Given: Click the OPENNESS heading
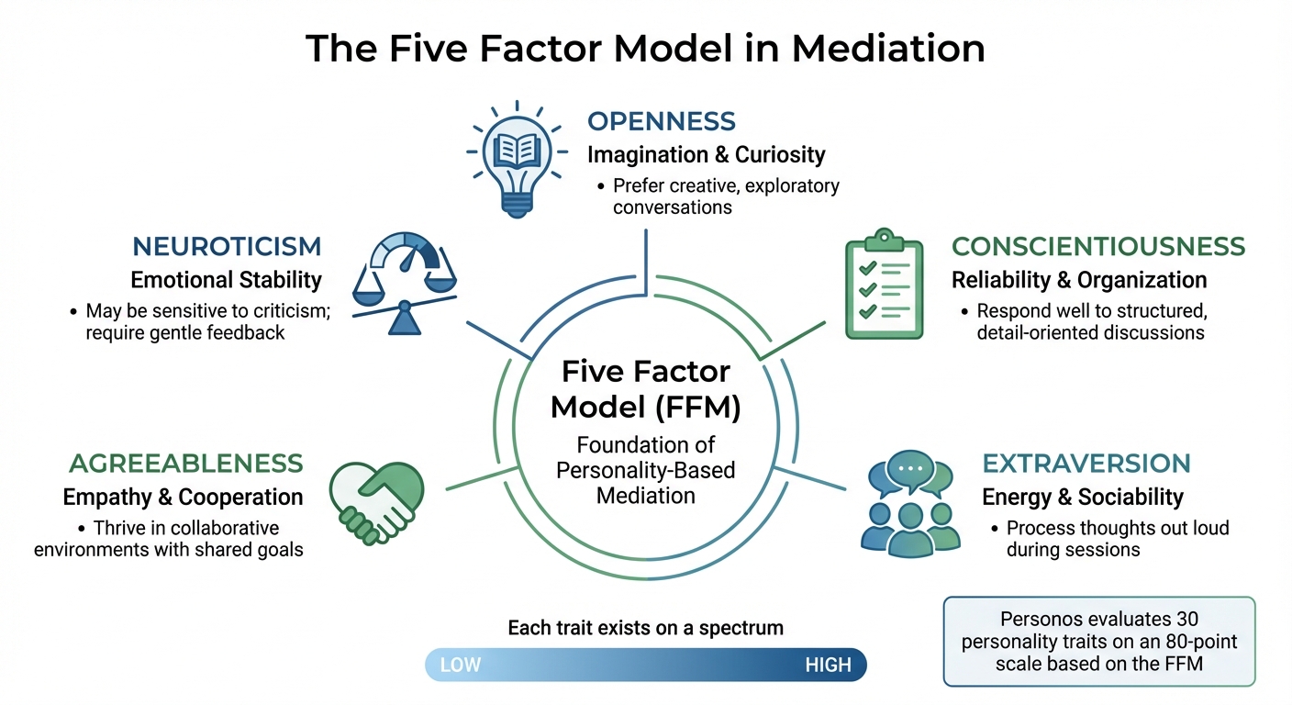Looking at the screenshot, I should [661, 121].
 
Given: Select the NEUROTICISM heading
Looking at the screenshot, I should [227, 246].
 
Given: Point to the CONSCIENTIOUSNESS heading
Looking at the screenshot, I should [1098, 246].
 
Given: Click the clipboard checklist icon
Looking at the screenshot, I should [883, 284].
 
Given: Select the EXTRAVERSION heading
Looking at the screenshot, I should [1086, 463].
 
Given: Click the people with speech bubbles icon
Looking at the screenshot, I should [911, 504].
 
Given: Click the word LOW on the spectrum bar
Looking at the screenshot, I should [461, 665].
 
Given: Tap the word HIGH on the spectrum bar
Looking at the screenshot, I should [828, 665].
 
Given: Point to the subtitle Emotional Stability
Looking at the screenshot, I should [226, 279].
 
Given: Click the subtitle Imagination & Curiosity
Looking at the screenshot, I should [706, 154].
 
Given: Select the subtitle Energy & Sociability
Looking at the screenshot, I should [1082, 497].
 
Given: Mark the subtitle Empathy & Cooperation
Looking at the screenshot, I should [183, 497].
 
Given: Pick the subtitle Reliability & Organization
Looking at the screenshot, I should [1078, 279].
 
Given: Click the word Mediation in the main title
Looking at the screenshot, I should [888, 48].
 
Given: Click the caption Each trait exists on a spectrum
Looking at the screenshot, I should [645, 628].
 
